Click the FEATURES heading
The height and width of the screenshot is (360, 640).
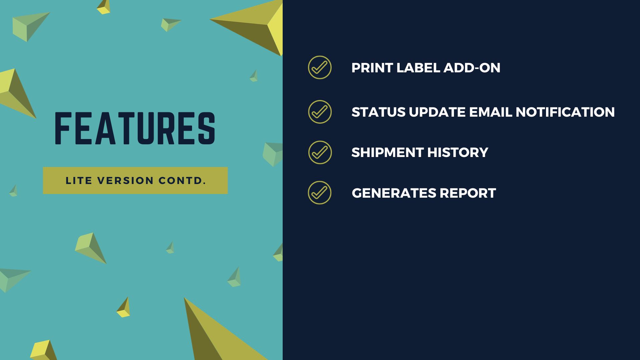(x=135, y=128)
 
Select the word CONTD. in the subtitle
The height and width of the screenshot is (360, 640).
(x=182, y=181)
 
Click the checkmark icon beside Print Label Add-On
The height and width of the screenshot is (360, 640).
(x=320, y=67)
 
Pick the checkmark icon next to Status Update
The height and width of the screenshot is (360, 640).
(x=320, y=112)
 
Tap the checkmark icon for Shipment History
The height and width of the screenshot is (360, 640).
(x=320, y=152)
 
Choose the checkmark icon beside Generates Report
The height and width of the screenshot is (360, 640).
(x=320, y=193)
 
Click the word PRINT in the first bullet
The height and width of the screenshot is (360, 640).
(x=372, y=68)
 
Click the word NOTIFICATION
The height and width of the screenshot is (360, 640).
(x=565, y=112)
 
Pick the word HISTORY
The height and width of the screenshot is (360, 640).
(x=458, y=152)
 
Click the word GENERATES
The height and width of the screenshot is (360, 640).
(x=394, y=193)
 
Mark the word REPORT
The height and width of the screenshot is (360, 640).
(x=468, y=193)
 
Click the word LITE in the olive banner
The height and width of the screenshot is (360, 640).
(x=79, y=181)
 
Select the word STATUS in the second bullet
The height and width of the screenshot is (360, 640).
(x=378, y=112)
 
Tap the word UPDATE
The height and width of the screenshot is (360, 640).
(x=437, y=112)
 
